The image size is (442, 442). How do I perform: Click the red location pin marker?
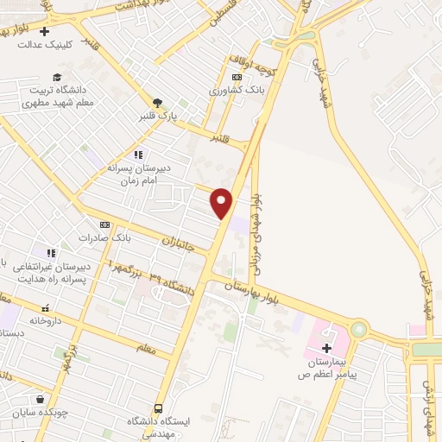point(222,203)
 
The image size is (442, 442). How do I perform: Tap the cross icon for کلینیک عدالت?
point(45,32)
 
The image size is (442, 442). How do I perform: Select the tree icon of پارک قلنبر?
point(157,102)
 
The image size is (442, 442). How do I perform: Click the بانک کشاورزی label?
point(234,91)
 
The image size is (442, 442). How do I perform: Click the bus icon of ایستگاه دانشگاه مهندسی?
point(158,407)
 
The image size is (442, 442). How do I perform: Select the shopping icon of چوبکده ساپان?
point(40,399)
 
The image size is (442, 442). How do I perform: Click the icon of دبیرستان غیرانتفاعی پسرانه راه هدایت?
point(51,254)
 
